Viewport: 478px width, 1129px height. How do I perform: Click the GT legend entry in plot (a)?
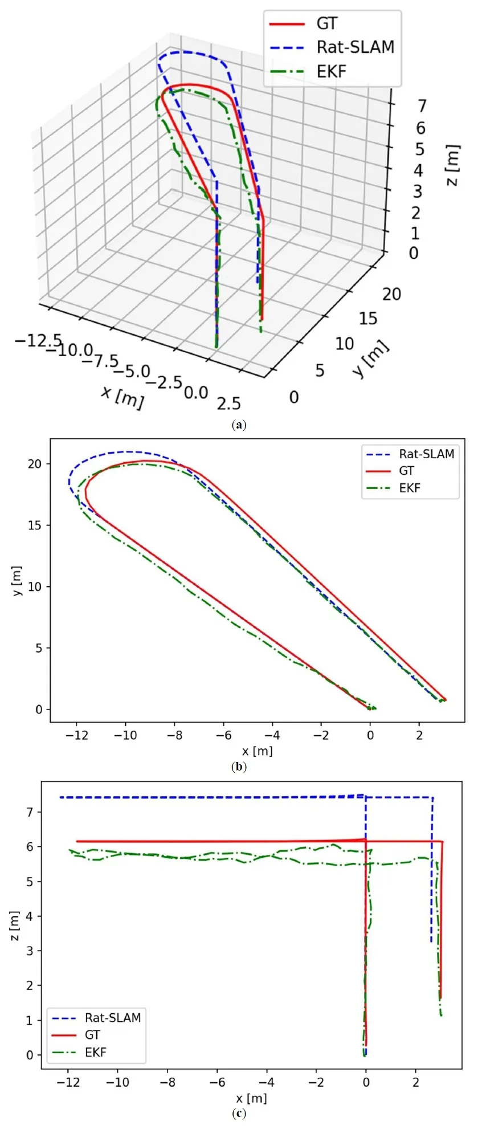click(326, 24)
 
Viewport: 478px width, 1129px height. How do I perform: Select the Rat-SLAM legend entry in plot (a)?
click(355, 47)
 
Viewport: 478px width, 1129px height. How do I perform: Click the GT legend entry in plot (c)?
click(92, 1034)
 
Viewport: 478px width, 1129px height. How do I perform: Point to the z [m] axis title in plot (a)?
click(452, 165)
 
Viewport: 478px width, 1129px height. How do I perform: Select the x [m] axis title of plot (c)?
click(251, 1098)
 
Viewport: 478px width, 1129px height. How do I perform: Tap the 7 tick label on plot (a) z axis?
click(422, 106)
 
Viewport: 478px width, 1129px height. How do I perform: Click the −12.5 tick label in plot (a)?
click(38, 341)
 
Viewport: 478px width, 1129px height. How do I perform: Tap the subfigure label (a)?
click(239, 425)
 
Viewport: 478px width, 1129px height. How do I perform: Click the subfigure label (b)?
click(239, 767)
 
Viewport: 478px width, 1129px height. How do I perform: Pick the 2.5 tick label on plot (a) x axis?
click(228, 404)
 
